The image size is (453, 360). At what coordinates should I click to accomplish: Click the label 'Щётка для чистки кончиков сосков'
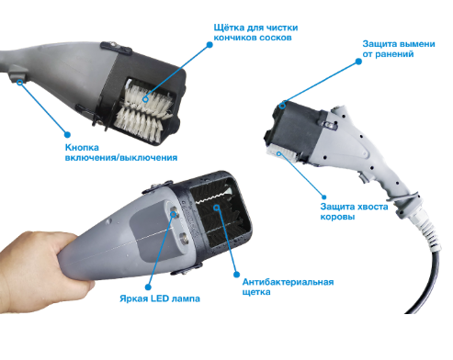point(255,32)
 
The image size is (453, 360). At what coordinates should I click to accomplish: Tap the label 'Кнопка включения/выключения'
point(121,152)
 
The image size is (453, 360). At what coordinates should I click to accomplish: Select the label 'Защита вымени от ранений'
point(399,49)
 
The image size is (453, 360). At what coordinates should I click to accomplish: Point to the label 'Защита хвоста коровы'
point(354,211)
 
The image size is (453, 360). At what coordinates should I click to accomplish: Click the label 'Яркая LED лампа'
point(160,298)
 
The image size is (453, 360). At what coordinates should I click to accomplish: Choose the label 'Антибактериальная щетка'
point(288,287)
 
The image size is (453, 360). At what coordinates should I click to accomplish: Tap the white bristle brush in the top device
point(144,113)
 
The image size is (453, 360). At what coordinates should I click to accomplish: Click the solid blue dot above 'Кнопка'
point(67,134)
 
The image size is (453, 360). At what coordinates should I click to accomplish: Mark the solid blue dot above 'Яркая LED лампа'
point(148,287)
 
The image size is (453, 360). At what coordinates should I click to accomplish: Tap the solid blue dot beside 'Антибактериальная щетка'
point(236,275)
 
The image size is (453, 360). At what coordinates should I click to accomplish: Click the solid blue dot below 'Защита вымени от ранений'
point(358,62)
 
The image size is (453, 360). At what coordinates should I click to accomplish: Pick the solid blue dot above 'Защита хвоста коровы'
point(323,197)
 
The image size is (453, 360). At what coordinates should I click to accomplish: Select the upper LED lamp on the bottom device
point(174,212)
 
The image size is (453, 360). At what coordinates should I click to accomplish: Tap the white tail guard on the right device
point(280,154)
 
